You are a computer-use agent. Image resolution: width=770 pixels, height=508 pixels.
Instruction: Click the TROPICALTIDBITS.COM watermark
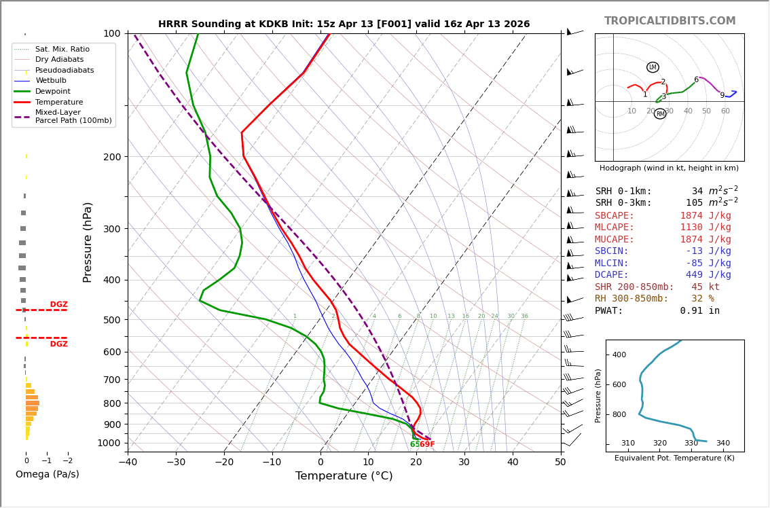pos(670,21)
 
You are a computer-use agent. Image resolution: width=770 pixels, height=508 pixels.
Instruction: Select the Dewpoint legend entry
pos(52,91)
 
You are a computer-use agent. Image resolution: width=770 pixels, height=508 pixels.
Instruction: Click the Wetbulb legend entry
pos(51,81)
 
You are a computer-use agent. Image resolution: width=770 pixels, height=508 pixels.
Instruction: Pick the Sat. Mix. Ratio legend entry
pos(62,49)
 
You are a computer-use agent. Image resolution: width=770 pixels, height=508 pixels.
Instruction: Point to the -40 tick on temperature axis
pos(128,463)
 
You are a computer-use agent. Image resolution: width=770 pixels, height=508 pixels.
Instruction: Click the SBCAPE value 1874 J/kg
pos(705,215)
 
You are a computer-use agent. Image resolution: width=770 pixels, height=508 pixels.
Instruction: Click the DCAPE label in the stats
pos(615,275)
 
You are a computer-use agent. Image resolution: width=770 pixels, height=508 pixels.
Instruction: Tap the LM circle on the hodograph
pos(653,67)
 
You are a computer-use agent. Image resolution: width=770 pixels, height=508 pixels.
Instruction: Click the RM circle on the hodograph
pos(660,113)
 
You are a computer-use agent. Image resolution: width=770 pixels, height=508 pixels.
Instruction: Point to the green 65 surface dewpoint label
pos(414,445)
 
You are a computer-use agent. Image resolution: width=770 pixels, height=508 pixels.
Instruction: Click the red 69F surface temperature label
pos(427,445)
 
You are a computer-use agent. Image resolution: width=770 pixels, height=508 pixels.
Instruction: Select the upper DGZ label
pos(58,305)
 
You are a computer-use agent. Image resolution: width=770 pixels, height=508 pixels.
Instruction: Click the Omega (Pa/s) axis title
pos(48,474)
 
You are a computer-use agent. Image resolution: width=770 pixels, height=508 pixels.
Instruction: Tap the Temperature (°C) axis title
pos(344,476)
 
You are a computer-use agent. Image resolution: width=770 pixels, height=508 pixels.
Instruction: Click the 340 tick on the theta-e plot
pos(722,443)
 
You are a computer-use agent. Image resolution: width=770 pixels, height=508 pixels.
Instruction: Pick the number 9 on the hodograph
pos(722,96)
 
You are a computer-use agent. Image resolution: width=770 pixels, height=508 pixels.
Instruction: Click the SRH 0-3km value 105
pos(694,203)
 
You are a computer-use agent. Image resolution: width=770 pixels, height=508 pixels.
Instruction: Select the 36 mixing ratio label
pos(524,316)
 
